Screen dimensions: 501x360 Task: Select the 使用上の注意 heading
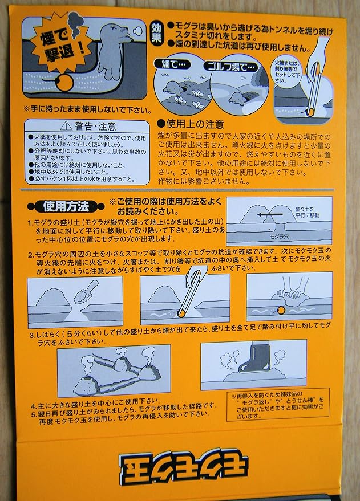(x=192, y=123)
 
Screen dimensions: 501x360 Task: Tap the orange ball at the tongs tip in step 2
(x=181, y=311)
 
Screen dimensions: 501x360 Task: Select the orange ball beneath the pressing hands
(x=281, y=309)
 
